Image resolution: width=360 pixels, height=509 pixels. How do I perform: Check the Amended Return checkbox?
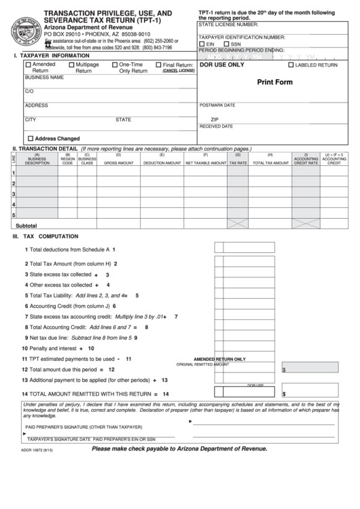click(29, 65)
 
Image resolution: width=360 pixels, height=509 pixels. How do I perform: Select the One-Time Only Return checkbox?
click(114, 65)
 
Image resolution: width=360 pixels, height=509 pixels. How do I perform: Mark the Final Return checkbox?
click(158, 65)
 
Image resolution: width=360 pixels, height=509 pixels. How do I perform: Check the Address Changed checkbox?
click(29, 138)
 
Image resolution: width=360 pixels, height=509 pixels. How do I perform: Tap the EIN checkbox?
click(202, 43)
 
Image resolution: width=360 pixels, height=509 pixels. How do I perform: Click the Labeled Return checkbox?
click(291, 65)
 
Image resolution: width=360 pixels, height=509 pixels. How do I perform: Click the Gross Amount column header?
click(118, 163)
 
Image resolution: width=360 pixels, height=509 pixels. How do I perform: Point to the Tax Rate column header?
click(238, 163)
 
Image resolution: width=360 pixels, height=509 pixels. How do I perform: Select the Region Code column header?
click(67, 160)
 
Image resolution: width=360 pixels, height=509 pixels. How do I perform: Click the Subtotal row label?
click(26, 226)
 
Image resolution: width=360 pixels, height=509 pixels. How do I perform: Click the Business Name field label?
click(44, 77)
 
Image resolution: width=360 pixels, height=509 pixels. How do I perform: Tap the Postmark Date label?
click(217, 105)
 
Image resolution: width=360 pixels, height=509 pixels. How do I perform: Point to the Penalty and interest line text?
click(52, 348)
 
